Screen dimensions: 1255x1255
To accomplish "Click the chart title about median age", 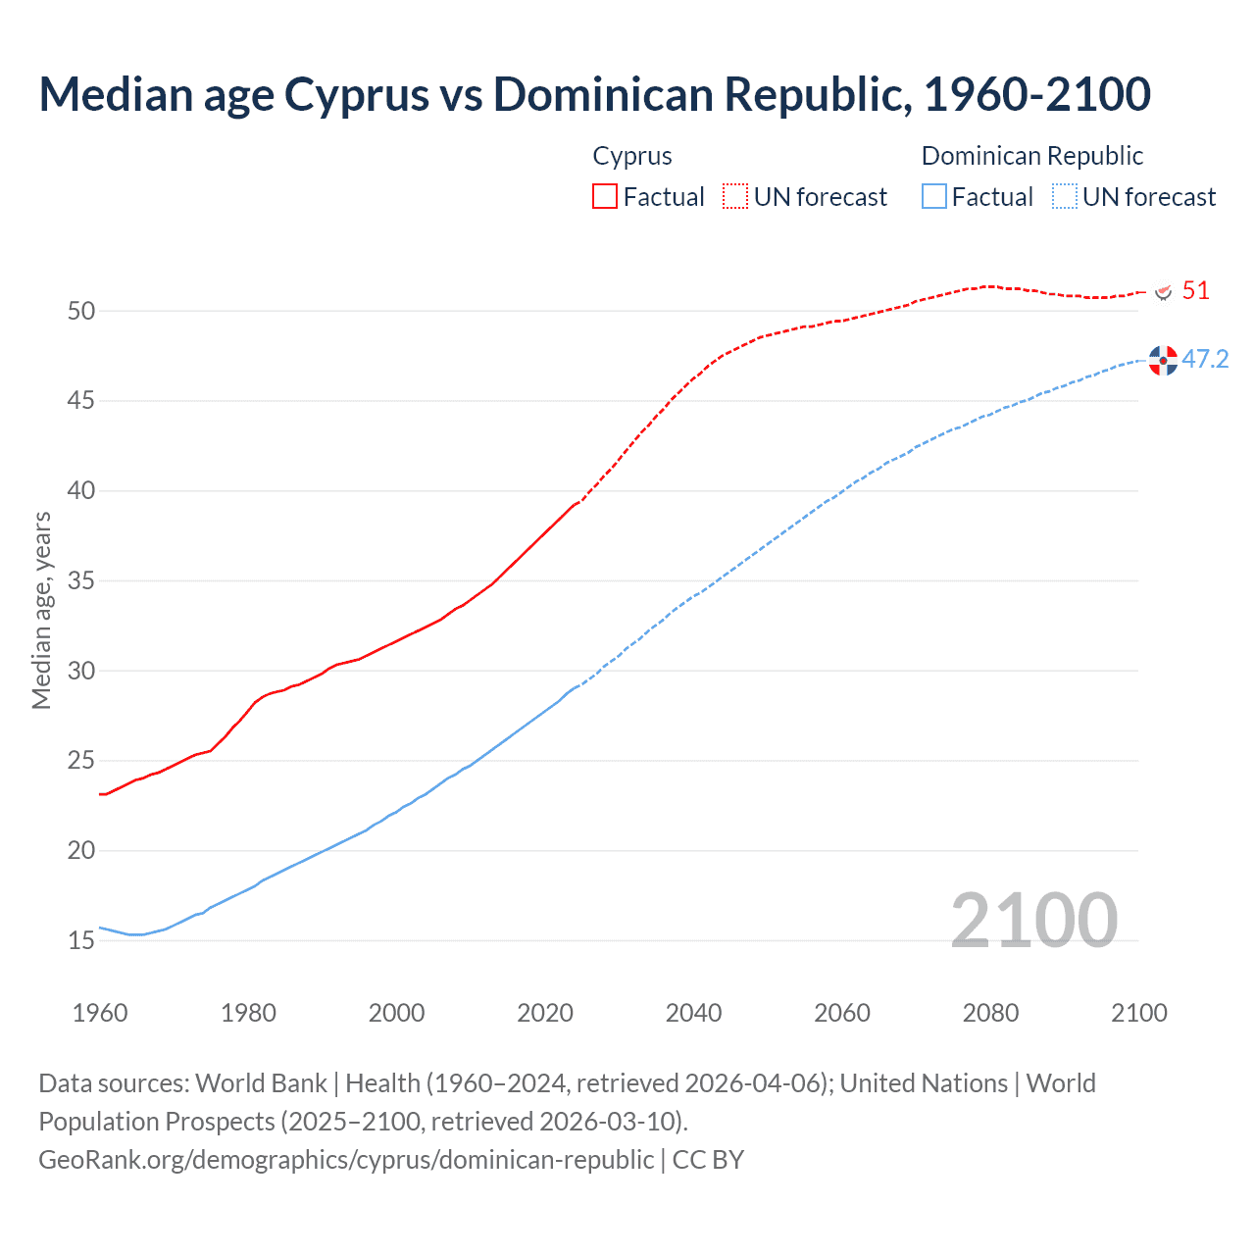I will click(x=594, y=94).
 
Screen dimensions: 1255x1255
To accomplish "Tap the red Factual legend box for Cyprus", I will click(x=605, y=197).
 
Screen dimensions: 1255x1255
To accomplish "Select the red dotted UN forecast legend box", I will click(x=735, y=197).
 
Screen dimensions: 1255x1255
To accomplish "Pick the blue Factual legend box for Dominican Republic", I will click(x=934, y=197).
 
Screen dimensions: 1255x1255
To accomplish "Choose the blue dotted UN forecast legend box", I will click(x=1065, y=197).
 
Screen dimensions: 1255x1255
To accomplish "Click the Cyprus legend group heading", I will click(x=632, y=156).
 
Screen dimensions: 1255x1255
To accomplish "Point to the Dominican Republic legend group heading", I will click(x=1031, y=156).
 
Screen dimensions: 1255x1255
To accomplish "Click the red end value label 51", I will click(x=1195, y=291).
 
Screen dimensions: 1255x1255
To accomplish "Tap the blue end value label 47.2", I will click(x=1205, y=360).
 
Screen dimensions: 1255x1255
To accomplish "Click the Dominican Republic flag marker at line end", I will click(x=1163, y=361).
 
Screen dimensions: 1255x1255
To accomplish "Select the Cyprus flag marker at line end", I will click(x=1164, y=292).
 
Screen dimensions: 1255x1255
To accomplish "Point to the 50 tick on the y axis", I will click(x=81, y=312).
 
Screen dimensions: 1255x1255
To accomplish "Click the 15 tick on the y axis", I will click(x=81, y=941).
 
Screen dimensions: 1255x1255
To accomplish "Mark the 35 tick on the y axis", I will click(x=81, y=581).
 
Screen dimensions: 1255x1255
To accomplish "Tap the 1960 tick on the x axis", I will click(x=100, y=1013).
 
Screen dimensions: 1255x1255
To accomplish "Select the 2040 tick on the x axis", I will click(x=693, y=1013).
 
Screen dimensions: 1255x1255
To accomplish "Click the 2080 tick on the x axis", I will click(x=990, y=1013).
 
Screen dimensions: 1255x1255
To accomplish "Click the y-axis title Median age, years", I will click(x=41, y=610).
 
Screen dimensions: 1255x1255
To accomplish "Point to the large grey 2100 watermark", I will click(x=1034, y=920).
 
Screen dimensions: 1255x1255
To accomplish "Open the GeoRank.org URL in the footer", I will click(x=345, y=1160).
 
